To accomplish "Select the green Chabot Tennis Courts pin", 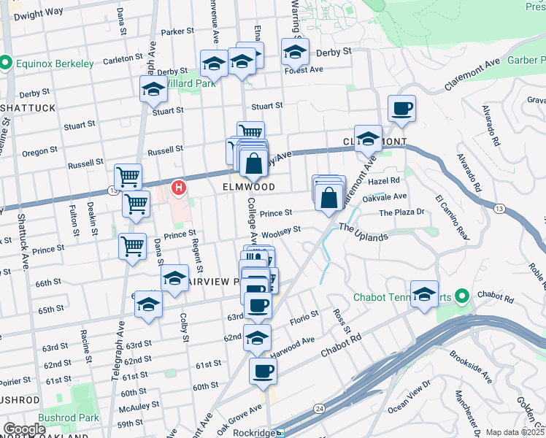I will pos(461,296).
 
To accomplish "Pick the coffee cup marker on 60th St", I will pos(263,371).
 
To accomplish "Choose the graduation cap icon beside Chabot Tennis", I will pos(424,294).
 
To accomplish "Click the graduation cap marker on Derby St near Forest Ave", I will pos(295,52).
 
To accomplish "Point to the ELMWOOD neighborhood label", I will pos(249,187).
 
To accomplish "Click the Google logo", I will pos(24,429).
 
